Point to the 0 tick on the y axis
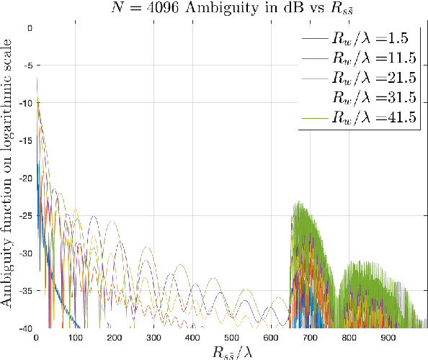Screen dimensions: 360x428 (30, 28)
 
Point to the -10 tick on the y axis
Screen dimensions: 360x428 (27, 103)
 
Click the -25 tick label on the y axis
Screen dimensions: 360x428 (27, 215)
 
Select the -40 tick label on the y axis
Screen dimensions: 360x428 (27, 328)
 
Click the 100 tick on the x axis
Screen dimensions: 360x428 (75, 337)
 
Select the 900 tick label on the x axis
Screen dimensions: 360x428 (386, 337)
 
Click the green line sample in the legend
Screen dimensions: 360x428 (313, 116)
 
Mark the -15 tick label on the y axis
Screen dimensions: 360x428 (27, 140)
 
